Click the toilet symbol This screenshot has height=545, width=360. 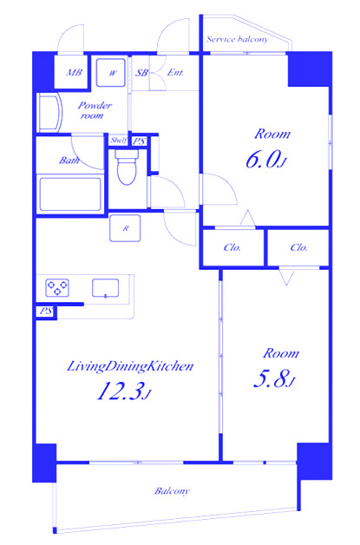[x=126, y=167]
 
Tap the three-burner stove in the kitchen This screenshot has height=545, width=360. [x=57, y=288]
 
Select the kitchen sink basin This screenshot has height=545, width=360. [x=105, y=288]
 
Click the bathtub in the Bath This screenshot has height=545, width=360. [x=70, y=194]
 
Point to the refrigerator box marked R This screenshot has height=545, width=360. [x=125, y=228]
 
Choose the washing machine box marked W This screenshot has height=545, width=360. [x=110, y=73]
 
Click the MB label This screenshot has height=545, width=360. [x=75, y=73]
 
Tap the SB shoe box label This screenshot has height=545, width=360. [x=141, y=73]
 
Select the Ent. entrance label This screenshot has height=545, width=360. [x=175, y=73]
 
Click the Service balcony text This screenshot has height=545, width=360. [x=238, y=39]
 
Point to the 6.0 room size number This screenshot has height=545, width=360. [x=264, y=160]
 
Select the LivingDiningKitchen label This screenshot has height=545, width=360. [x=129, y=366]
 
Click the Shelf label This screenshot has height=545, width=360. [x=118, y=141]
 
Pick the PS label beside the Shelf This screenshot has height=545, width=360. [x=140, y=141]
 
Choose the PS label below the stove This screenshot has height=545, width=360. [x=46, y=311]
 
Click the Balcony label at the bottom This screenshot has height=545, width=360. [x=172, y=491]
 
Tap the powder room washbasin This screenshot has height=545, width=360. [x=49, y=112]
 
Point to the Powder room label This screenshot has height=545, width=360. [x=95, y=110]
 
